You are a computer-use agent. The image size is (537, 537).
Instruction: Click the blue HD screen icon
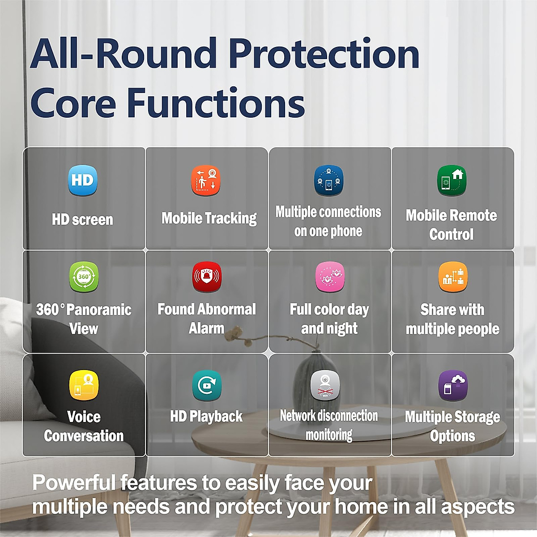82,181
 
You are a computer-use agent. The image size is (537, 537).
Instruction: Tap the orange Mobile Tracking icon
206,181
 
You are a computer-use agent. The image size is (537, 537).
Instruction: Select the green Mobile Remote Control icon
452,181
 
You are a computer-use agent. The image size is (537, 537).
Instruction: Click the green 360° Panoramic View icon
84,277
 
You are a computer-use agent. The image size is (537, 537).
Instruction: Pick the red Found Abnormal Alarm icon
206,277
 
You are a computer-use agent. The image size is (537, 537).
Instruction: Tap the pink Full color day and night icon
330,277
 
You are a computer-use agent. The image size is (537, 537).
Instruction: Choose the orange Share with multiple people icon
453,277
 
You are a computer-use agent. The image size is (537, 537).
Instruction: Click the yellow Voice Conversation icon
84,384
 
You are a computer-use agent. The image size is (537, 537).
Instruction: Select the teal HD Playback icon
206,384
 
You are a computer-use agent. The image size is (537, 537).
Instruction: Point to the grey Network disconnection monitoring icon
325,384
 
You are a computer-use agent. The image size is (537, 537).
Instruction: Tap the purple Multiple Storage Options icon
453,384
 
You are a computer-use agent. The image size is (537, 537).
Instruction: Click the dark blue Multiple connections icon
328,181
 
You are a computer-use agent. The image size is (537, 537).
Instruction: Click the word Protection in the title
324,54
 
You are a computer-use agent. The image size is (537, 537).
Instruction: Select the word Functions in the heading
216,103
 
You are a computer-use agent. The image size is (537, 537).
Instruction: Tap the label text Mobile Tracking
209,218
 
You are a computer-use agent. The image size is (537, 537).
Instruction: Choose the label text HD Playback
206,417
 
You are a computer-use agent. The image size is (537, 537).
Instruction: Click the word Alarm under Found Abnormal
206,328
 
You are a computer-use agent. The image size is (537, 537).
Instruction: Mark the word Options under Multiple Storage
452,436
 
